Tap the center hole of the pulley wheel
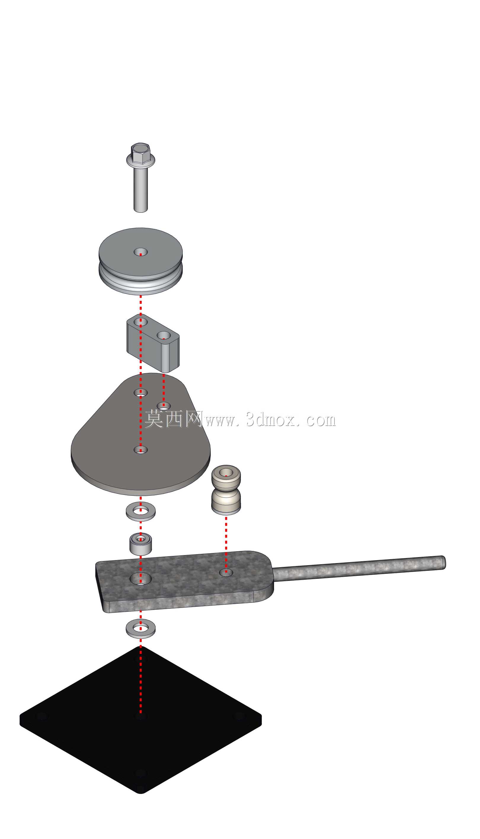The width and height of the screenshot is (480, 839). point(141,252)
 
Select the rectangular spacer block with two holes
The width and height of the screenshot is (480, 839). point(153,343)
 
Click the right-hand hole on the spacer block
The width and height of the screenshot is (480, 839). point(164,336)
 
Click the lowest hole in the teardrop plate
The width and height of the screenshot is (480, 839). point(141,450)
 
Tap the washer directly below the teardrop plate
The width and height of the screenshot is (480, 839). point(141,511)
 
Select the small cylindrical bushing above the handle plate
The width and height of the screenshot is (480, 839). point(141,544)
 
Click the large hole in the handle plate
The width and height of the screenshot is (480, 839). point(141,579)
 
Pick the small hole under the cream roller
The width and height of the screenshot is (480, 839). point(226,573)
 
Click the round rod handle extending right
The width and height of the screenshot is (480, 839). point(359,568)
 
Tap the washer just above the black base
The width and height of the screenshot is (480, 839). point(141,629)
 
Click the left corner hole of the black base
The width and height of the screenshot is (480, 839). point(42,716)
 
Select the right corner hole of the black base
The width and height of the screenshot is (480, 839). point(240,716)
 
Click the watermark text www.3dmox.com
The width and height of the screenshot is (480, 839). point(270,420)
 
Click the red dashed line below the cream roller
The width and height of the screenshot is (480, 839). point(226,545)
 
